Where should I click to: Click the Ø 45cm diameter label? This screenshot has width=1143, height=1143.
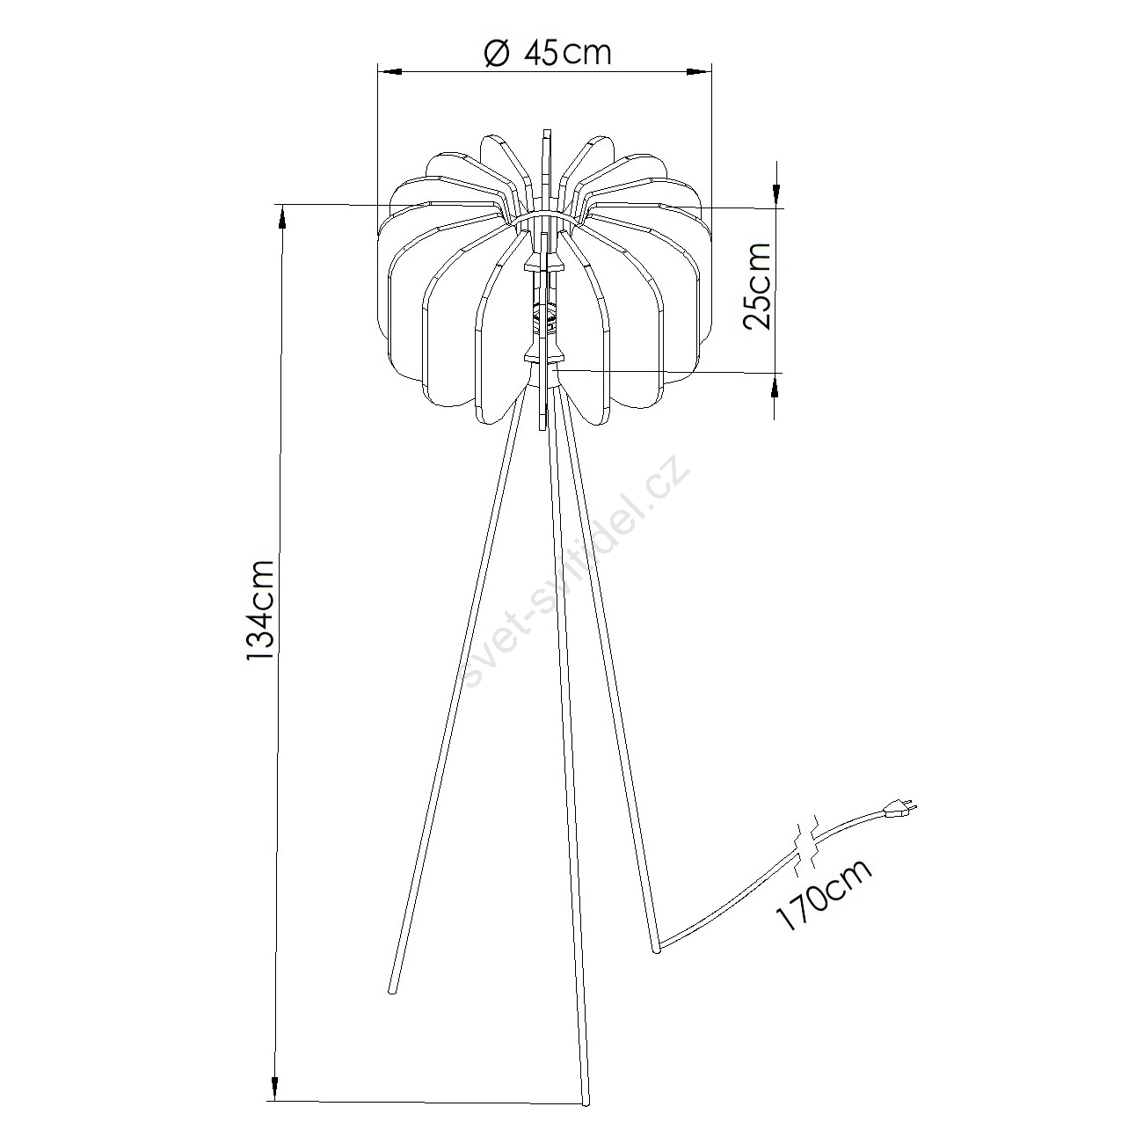pyautogui.click(x=548, y=53)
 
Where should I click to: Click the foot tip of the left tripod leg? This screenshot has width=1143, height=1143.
pyautogui.click(x=391, y=990)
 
